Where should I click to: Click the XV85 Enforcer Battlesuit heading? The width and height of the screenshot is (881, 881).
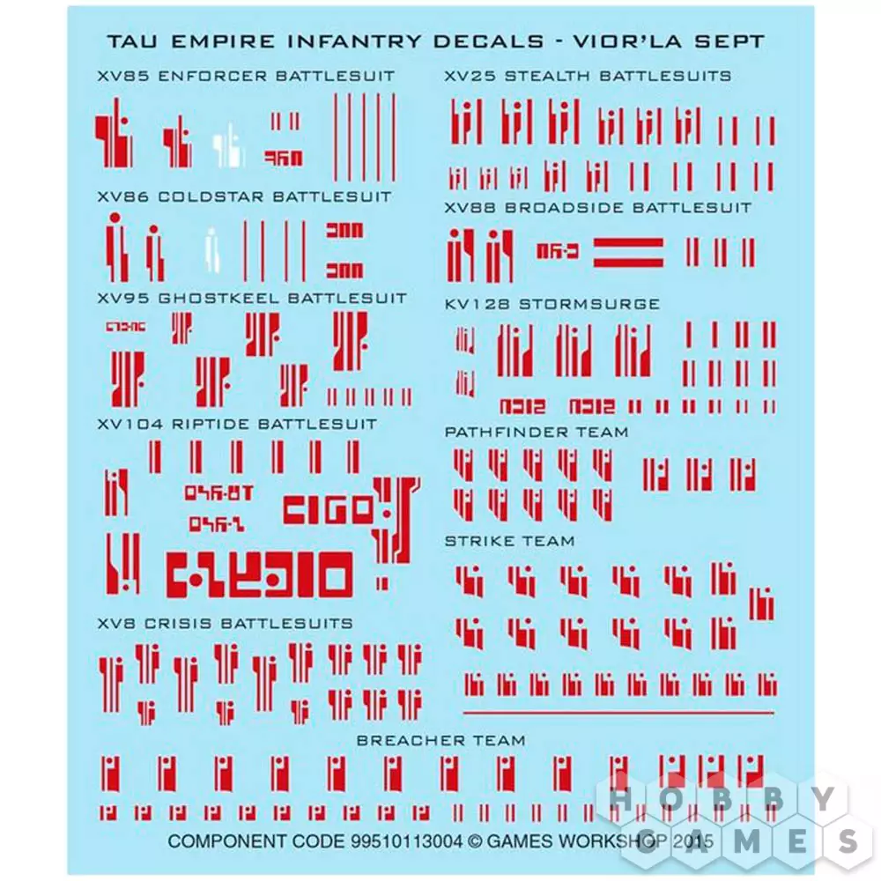[246, 76]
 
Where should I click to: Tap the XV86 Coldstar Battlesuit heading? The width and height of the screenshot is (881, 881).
[244, 196]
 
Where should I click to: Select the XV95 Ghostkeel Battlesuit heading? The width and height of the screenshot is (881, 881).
[252, 298]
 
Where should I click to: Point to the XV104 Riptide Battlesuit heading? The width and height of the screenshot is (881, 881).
[237, 424]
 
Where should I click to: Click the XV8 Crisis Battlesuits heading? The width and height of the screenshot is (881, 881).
[225, 623]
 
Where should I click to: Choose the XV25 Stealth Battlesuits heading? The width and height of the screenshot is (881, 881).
[588, 76]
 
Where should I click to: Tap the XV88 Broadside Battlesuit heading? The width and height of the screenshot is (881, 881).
[598, 208]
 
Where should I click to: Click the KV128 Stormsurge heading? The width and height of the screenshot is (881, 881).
[552, 304]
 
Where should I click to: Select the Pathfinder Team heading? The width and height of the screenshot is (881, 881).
[537, 433]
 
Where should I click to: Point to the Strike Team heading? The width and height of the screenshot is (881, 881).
[509, 541]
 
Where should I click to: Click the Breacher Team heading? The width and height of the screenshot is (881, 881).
[440, 740]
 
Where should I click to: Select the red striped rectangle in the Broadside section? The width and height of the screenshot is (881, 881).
[628, 252]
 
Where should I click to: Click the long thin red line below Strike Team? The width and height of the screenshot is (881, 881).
[618, 712]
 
